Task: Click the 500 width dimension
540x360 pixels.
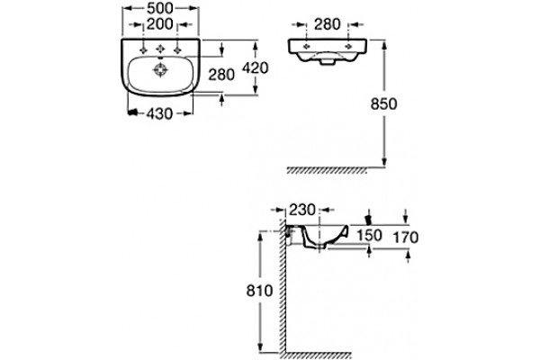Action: coord(160,8)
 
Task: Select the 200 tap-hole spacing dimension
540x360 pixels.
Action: coord(160,24)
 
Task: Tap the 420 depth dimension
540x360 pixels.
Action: coord(255,68)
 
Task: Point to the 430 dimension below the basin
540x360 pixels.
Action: coord(159,113)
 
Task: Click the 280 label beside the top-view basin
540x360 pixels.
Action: coord(221,75)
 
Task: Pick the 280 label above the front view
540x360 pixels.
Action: coord(328,24)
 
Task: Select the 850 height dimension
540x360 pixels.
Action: coord(383,103)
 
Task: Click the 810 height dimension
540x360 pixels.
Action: coord(259,291)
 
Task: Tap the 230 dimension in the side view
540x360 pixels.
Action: coord(302,210)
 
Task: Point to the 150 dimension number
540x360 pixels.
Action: coord(369,236)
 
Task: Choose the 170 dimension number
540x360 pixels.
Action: coord(406,238)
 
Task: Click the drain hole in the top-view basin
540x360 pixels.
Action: coord(160,70)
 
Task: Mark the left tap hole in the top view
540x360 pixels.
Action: coord(143,50)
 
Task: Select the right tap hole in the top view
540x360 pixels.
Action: coord(177,50)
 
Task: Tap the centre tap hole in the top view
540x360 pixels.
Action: coord(160,49)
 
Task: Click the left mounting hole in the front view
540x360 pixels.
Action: coord(306,46)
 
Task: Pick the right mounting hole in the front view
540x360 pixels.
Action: coord(348,46)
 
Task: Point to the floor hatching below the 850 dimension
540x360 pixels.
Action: coord(327,170)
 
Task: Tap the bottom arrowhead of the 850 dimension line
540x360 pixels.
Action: coord(384,162)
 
